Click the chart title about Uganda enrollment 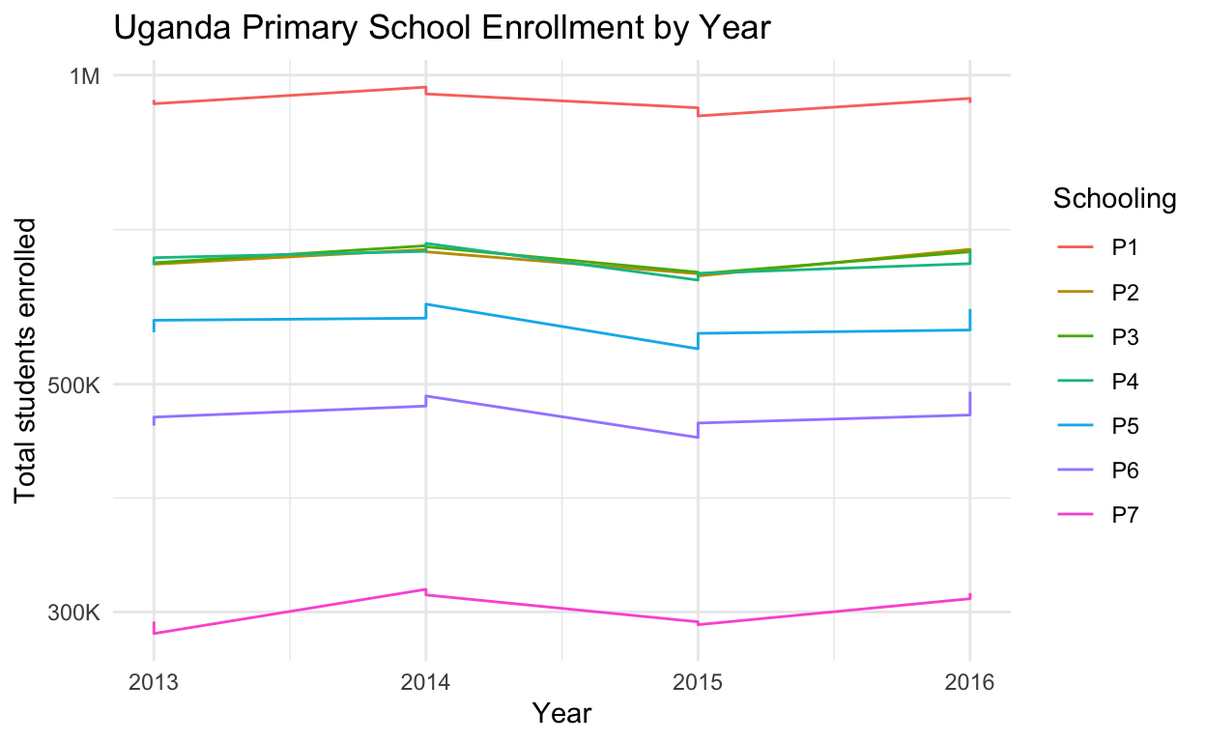click(442, 28)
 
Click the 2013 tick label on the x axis click(153, 682)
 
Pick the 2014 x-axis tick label click(425, 682)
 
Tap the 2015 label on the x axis click(698, 682)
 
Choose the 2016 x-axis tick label click(969, 682)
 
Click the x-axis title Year click(561, 714)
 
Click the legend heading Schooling click(1113, 199)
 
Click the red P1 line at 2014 click(425, 90)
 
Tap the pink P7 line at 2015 click(698, 623)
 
